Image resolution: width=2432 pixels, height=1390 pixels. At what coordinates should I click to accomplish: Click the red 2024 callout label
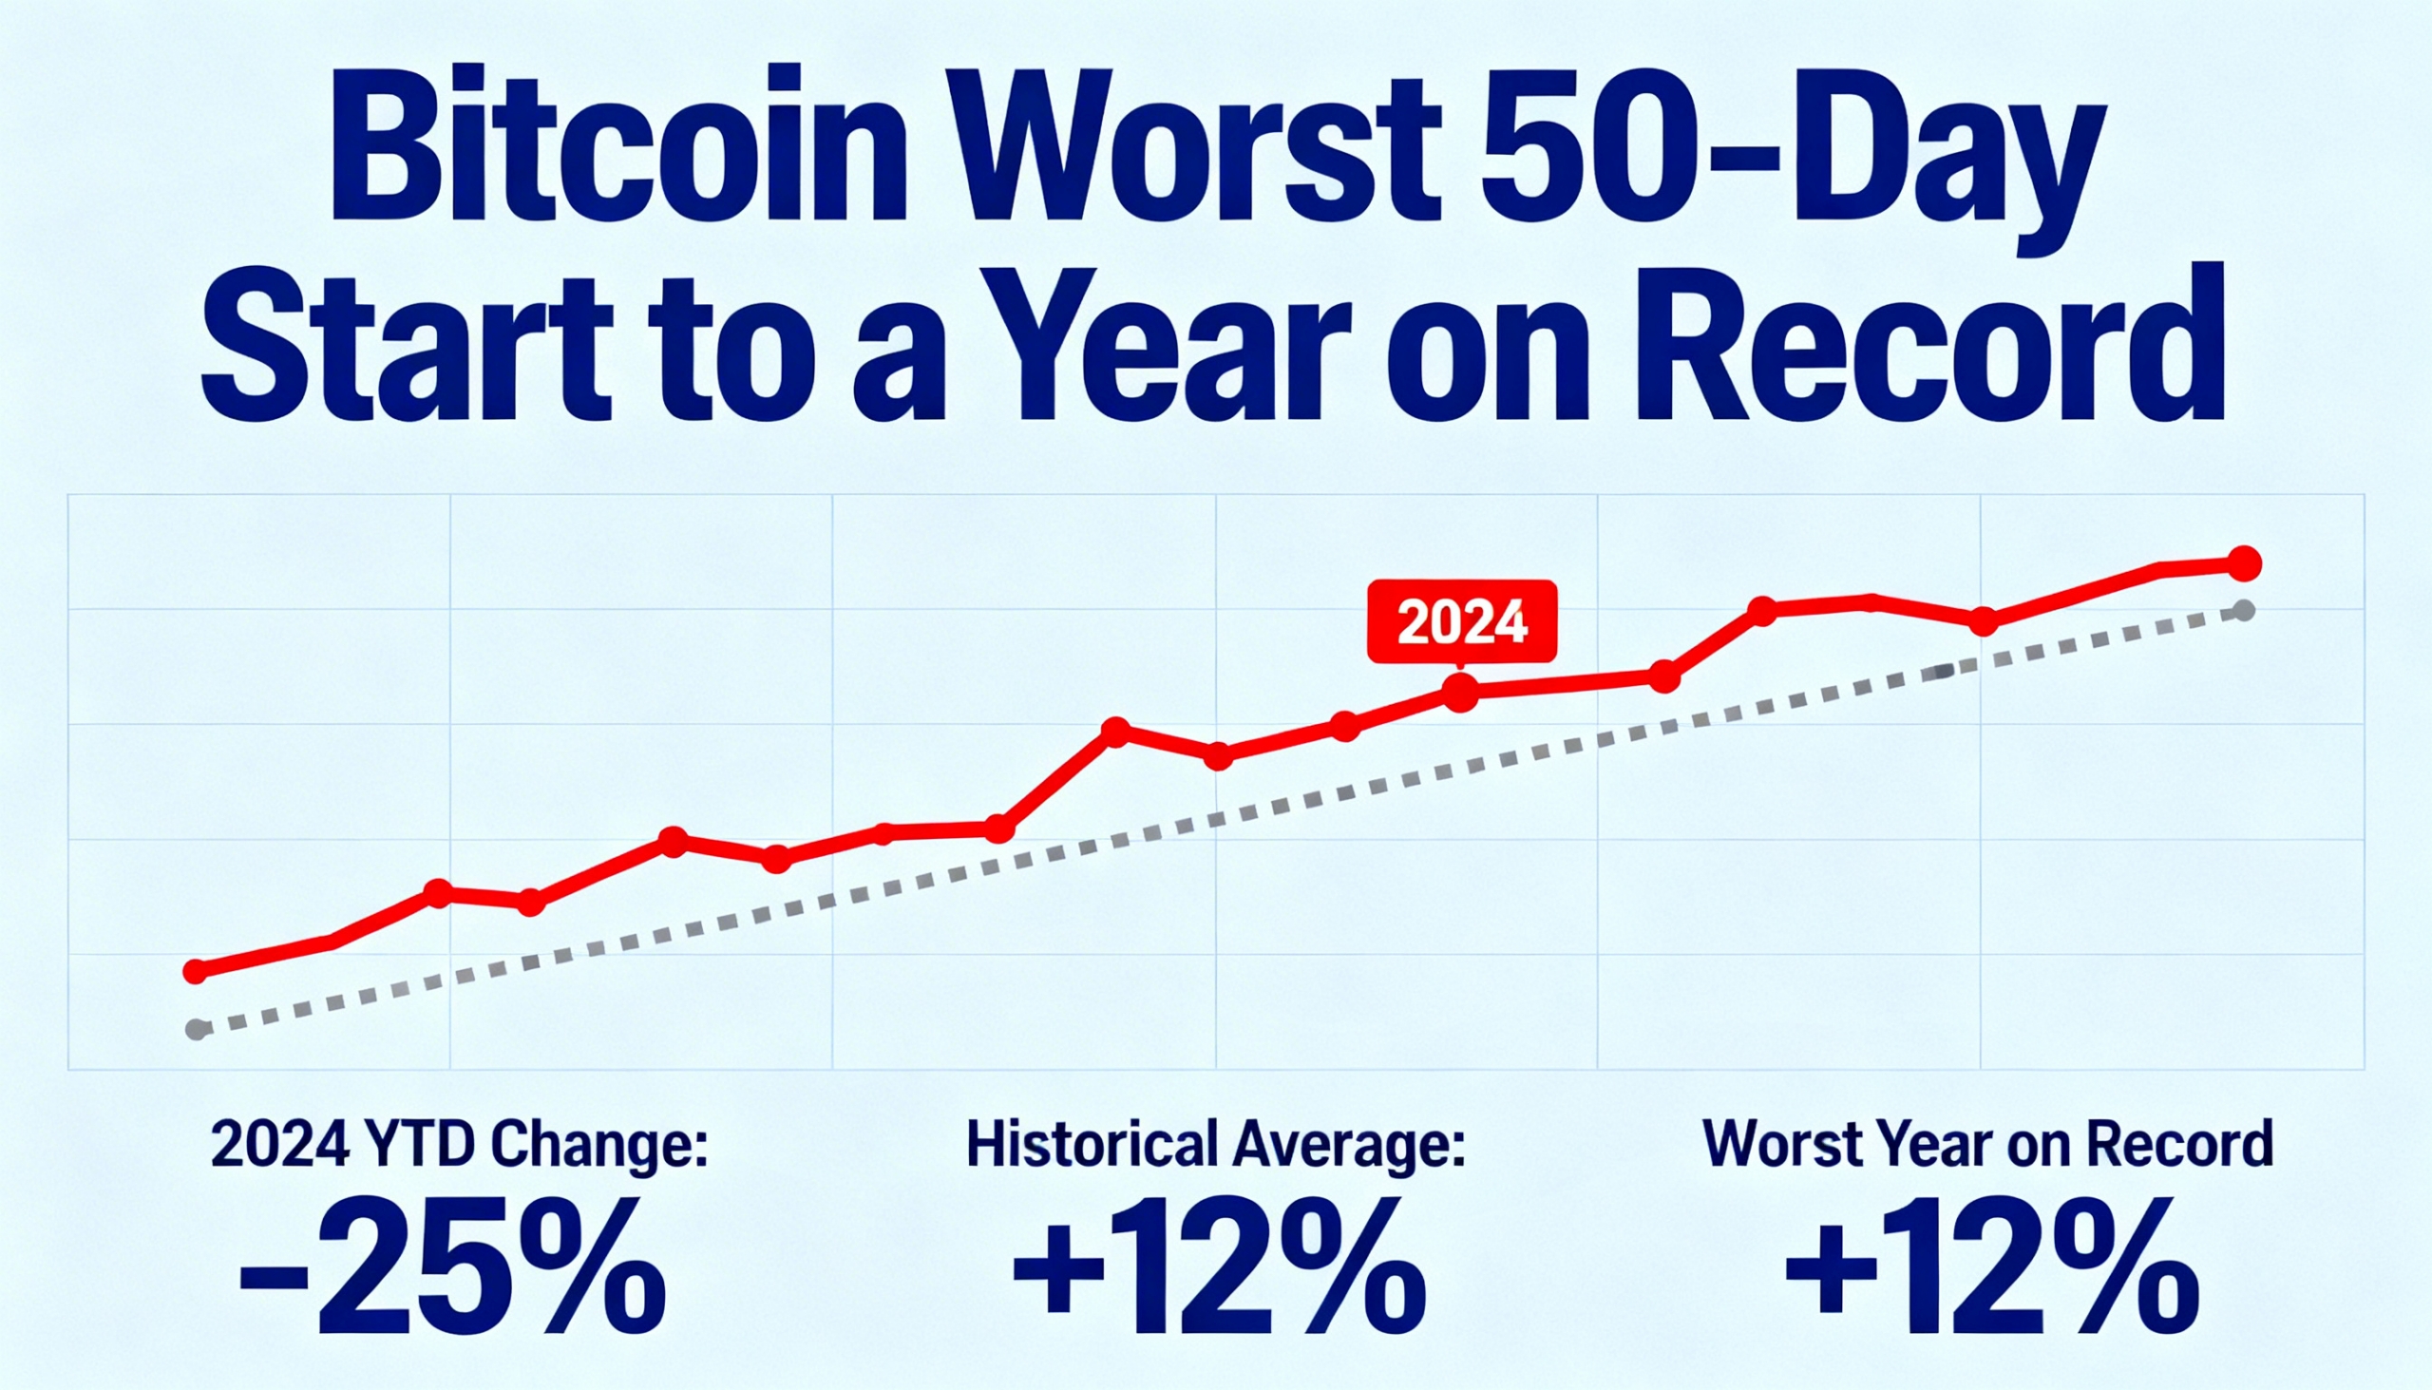coord(1461,621)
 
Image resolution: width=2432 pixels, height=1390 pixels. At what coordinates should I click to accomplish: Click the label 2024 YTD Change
coord(459,1146)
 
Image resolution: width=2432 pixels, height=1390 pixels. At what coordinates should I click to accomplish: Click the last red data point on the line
coord(2244,563)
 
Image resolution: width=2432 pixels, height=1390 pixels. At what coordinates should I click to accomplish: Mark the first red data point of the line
coord(196,972)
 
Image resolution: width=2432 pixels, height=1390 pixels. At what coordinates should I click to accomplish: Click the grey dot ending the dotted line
coord(2244,610)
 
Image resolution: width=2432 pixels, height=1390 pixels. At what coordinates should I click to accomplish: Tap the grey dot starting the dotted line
coord(198,1030)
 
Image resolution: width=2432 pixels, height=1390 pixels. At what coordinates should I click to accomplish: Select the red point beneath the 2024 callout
coord(1460,693)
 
